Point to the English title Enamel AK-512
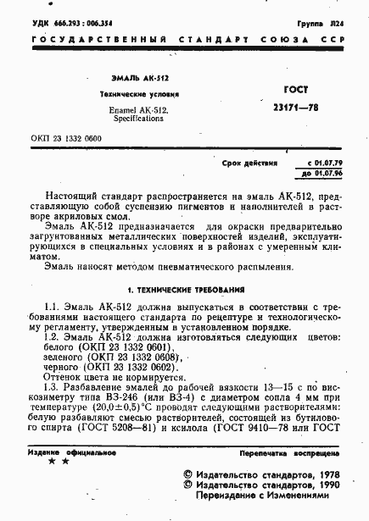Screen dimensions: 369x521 coord(139,110)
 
